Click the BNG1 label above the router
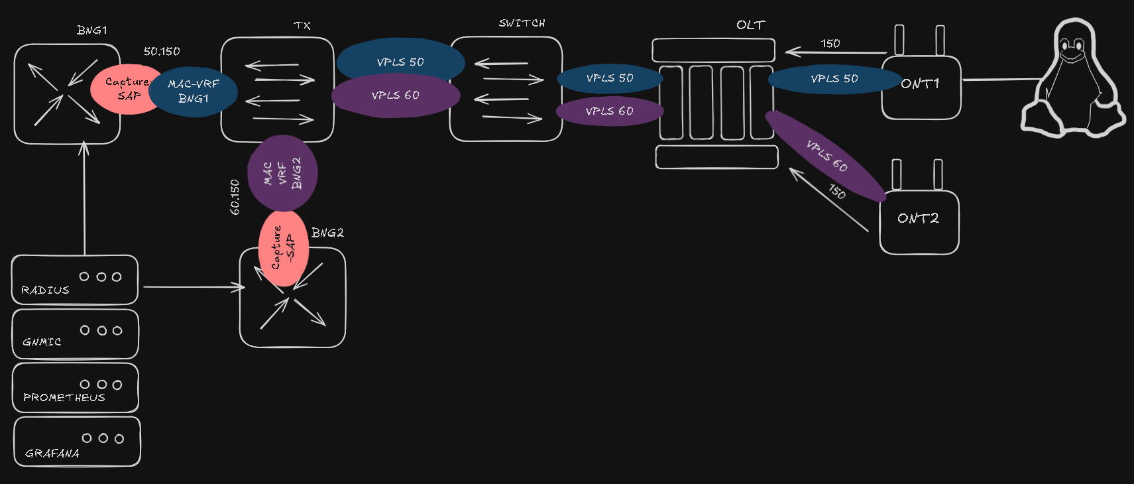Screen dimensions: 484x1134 (91, 30)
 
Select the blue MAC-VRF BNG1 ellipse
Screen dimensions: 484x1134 (194, 91)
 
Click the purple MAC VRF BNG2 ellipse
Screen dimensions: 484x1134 (282, 173)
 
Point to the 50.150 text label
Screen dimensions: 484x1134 (162, 52)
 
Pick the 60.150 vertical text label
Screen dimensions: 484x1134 (235, 197)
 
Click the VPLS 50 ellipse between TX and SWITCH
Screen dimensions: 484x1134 (400, 62)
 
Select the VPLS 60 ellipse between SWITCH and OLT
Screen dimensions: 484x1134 (609, 111)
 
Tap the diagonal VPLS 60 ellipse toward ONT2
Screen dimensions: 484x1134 (826, 156)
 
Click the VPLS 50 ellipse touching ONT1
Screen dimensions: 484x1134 (834, 79)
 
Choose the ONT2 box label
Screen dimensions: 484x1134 (918, 218)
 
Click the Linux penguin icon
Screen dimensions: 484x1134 (1072, 80)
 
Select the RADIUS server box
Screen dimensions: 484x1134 (75, 280)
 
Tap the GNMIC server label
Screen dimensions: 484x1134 (42, 342)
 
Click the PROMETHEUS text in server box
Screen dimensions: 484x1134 (64, 397)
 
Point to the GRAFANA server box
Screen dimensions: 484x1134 (77, 442)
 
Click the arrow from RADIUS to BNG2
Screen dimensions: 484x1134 (192, 287)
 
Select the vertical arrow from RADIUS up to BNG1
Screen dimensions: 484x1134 (84, 199)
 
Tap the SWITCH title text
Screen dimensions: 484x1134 (522, 23)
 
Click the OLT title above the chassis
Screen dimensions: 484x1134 (750, 25)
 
